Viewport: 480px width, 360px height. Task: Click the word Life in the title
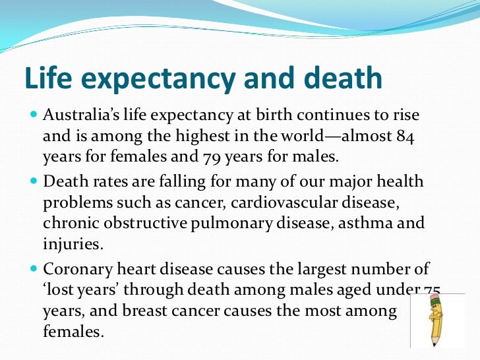pos(47,78)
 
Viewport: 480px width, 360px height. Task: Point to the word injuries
pos(72,244)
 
